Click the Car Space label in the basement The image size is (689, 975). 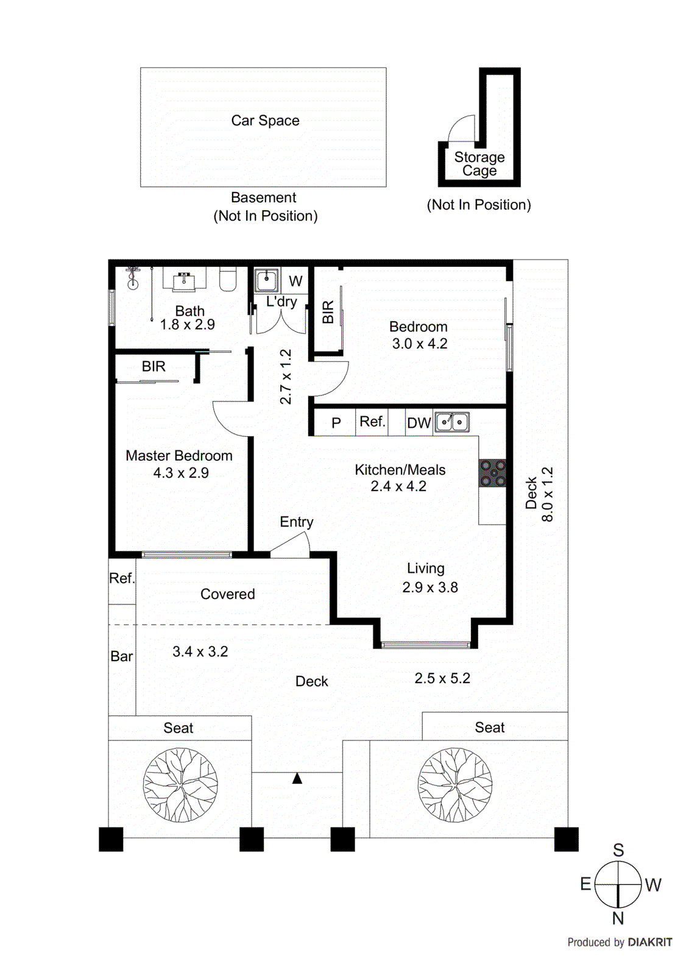tap(265, 121)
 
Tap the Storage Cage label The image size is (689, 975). tap(479, 164)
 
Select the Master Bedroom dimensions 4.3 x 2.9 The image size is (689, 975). tap(181, 473)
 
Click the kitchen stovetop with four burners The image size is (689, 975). tap(492, 473)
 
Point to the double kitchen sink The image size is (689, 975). tap(452, 422)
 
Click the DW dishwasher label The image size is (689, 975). tap(419, 423)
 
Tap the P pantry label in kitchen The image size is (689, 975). tap(336, 423)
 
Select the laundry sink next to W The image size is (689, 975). tap(266, 280)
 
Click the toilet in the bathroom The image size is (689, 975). tap(228, 280)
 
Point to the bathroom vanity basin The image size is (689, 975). tap(185, 281)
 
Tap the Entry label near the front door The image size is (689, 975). tap(297, 522)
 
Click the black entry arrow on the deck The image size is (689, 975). tap(297, 778)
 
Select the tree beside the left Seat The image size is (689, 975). tap(180, 785)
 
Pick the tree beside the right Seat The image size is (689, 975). tap(455, 785)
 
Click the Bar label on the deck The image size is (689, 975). tap(121, 656)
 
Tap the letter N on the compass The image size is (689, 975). tap(618, 918)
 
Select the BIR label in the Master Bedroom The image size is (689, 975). tap(154, 366)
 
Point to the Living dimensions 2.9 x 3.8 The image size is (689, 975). tap(429, 587)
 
